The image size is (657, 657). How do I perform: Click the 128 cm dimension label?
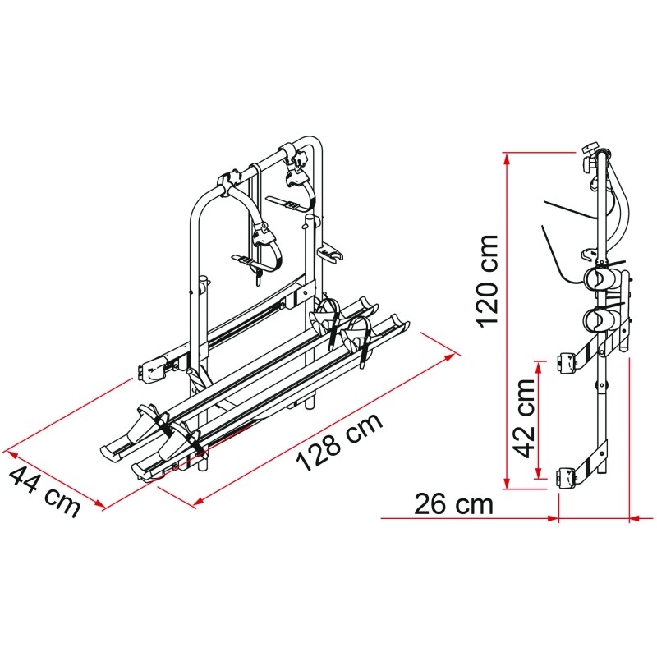(x=339, y=442)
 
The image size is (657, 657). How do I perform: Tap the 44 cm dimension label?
(x=44, y=491)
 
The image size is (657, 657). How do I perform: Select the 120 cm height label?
(x=487, y=281)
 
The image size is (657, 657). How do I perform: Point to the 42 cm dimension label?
(x=524, y=419)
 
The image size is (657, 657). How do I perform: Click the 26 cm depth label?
(x=453, y=504)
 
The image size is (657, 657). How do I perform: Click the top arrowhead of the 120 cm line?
(x=507, y=159)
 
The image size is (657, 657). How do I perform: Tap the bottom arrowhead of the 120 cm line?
(x=507, y=483)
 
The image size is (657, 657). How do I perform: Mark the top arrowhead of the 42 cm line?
(x=539, y=366)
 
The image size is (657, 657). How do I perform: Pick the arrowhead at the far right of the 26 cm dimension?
(x=635, y=519)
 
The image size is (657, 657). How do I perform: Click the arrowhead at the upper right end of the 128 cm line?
(x=449, y=357)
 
